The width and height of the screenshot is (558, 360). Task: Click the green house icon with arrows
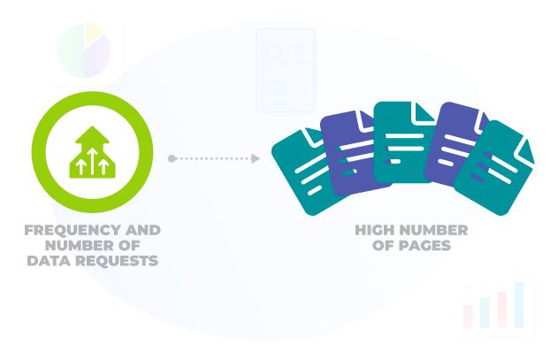(x=92, y=151)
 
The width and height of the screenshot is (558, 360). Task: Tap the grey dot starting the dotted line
(x=172, y=158)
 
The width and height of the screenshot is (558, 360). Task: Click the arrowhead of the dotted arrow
(x=255, y=158)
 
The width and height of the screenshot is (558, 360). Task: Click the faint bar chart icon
(x=496, y=306)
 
